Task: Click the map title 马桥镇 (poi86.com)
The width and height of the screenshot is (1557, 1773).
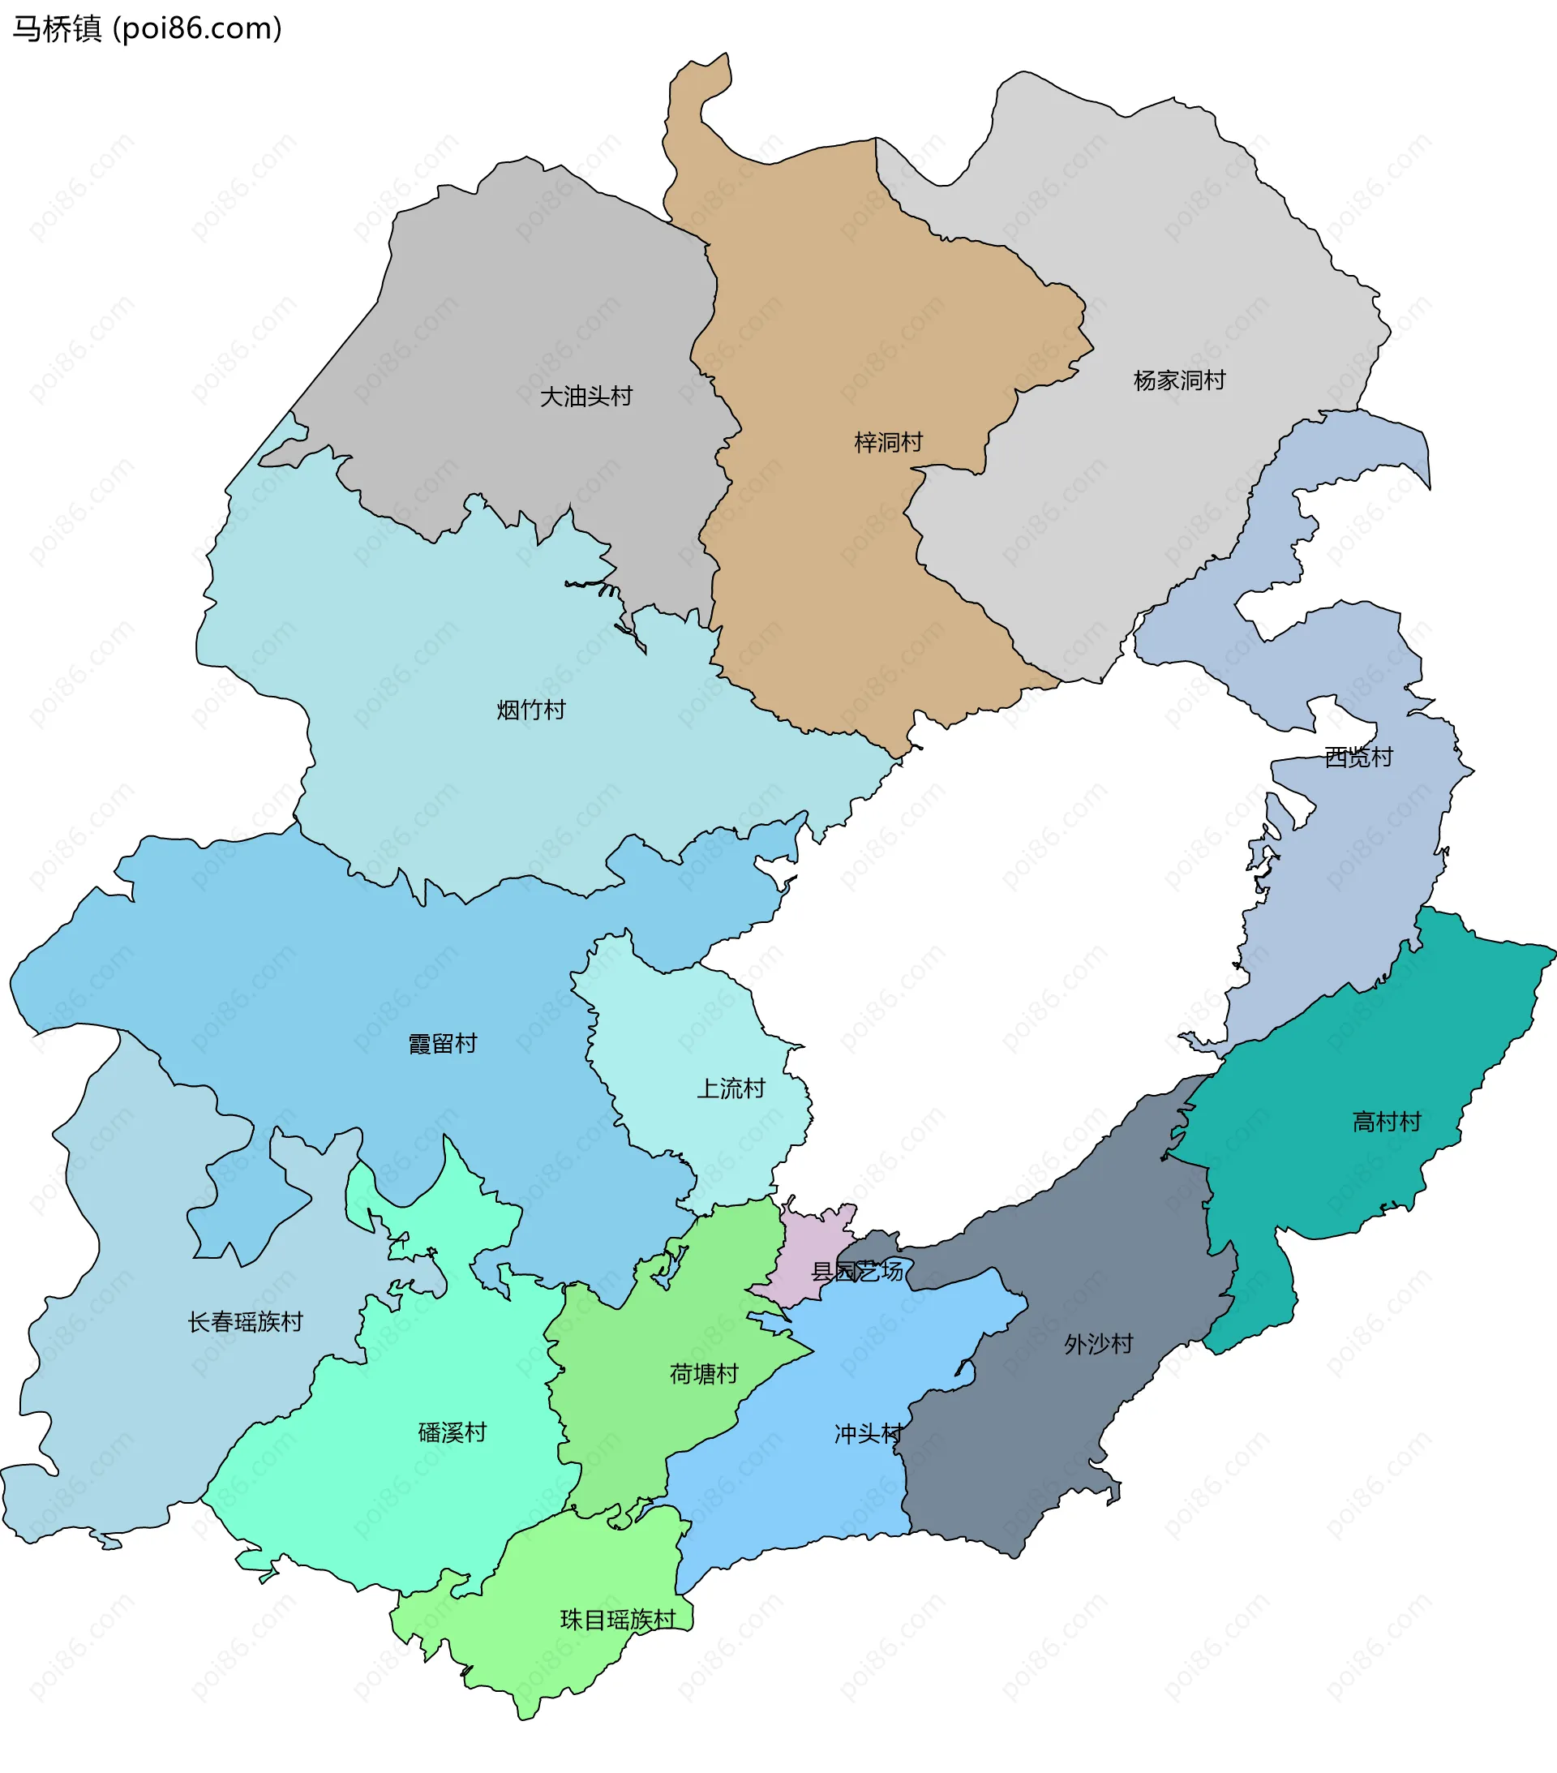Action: point(148,28)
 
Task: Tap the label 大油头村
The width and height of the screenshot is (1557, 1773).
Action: point(586,397)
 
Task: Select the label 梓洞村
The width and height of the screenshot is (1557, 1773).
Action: point(888,442)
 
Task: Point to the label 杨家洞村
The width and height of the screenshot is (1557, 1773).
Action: point(1179,380)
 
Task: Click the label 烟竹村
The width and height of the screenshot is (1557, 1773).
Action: point(531,710)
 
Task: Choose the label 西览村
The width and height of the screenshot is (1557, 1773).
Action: point(1358,758)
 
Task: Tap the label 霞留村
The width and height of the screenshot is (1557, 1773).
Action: point(443,1044)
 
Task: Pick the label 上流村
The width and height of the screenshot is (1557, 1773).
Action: point(731,1088)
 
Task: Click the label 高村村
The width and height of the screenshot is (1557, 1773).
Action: point(1387,1123)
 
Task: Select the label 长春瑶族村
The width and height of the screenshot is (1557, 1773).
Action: point(246,1322)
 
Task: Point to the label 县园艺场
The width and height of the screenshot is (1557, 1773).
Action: point(857,1272)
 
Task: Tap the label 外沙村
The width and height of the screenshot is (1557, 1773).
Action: point(1099,1344)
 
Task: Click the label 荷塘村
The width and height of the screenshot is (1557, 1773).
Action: point(703,1373)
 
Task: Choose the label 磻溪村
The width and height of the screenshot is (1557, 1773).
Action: point(452,1432)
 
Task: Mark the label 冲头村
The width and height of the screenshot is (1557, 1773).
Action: point(869,1434)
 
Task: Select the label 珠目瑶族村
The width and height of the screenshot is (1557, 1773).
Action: point(618,1620)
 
